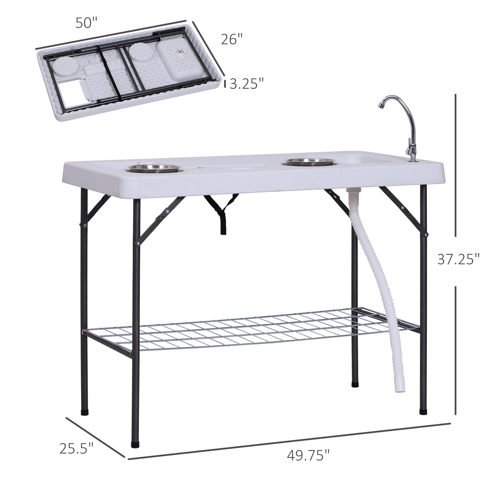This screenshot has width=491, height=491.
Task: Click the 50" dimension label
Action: click(x=87, y=23)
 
